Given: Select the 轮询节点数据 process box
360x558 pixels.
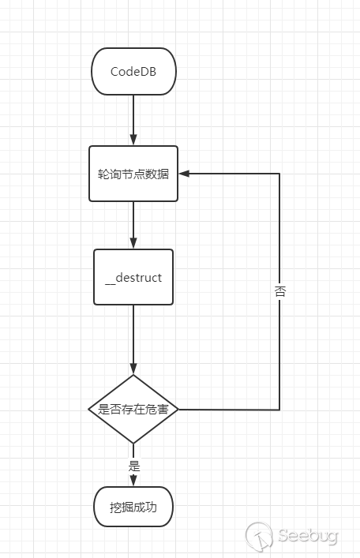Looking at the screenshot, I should pos(133,174).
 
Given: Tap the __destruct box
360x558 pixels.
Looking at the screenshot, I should pos(133,277).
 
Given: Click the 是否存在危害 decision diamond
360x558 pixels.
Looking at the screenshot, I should pos(133,410).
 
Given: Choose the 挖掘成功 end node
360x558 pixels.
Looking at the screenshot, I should pos(133,507).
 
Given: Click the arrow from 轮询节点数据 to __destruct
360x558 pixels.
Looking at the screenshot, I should pos(133,225).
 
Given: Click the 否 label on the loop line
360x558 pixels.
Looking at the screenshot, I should pos(279,291).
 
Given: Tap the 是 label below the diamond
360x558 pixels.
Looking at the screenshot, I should pos(133,465).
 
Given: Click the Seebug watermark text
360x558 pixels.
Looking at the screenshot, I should pos(308,536).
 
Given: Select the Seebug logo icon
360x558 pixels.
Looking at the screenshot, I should pos(258,537).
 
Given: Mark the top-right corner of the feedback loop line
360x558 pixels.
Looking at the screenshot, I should pos(279,174).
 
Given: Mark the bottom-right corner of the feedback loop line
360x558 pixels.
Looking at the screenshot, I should pos(279,410).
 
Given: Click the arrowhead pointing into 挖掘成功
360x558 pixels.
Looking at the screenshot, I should pos(133,481).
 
